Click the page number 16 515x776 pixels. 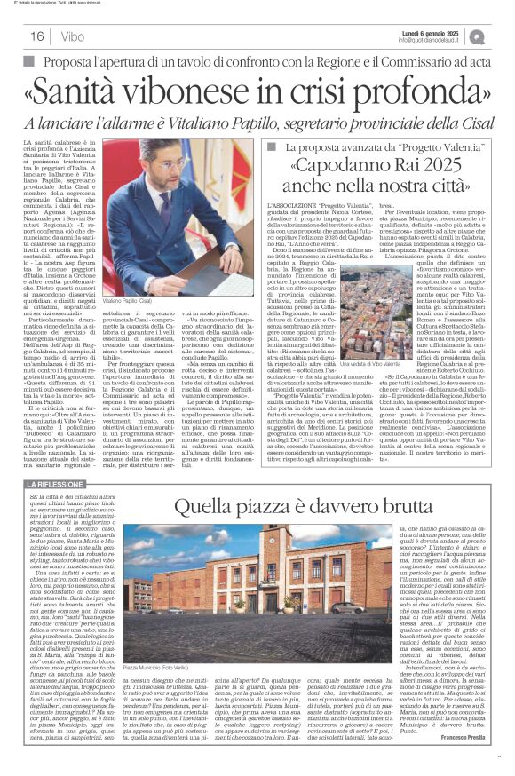coord(36,36)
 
